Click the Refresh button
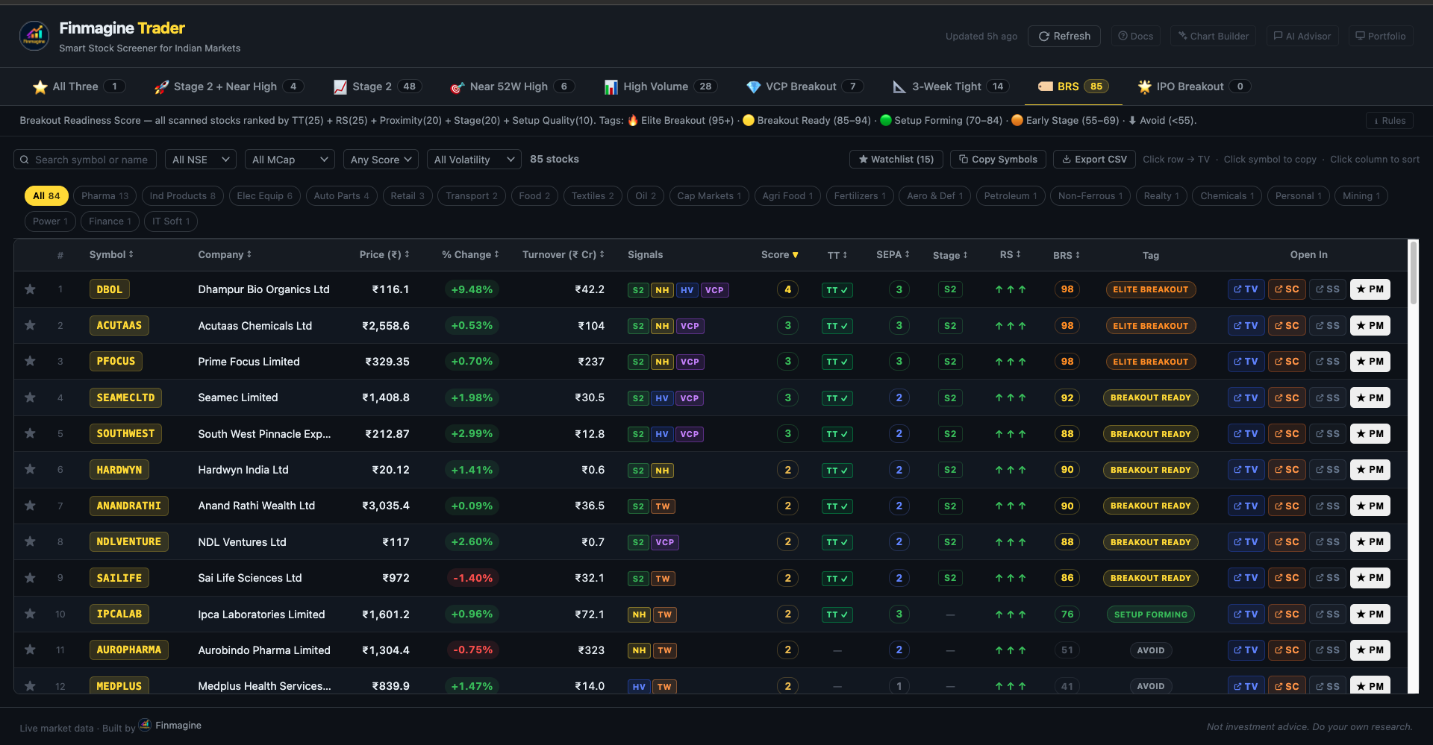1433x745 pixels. [x=1064, y=36]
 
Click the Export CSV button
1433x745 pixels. [x=1094, y=159]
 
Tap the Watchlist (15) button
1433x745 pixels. [x=896, y=159]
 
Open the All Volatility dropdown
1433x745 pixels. [x=474, y=160]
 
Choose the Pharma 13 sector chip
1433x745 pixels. [x=104, y=196]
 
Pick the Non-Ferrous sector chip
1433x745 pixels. [x=1090, y=196]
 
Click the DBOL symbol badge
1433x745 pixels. [x=109, y=289]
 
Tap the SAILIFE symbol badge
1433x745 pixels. [x=119, y=578]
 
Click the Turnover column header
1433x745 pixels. [x=563, y=254]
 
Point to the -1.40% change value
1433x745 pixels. [x=472, y=578]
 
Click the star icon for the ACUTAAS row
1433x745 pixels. [x=30, y=325]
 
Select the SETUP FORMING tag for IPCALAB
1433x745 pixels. [x=1150, y=614]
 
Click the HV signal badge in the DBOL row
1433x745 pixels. [x=687, y=290]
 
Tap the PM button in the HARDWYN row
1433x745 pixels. [x=1370, y=470]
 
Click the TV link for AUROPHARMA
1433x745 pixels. [x=1246, y=650]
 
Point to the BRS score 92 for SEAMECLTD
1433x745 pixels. [x=1067, y=397]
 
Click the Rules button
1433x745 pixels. [x=1389, y=121]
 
